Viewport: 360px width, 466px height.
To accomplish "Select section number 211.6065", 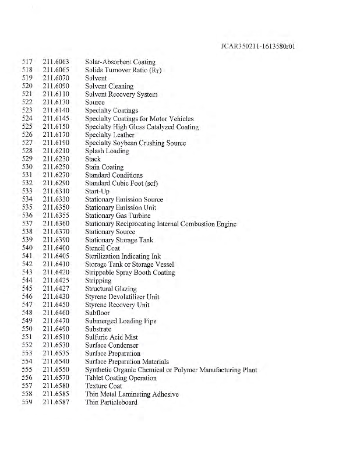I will coord(57,70).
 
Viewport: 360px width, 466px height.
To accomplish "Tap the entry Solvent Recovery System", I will coord(121,94).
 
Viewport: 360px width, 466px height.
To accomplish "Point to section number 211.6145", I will coord(57,119).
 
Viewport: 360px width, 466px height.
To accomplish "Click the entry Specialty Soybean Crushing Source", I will coord(136,143).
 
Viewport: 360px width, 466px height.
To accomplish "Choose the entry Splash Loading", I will coord(107,151).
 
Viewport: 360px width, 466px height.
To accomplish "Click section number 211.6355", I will coord(57,216).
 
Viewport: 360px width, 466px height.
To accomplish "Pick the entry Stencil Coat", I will coord(103,248).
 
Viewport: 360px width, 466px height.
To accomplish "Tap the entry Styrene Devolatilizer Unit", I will coord(122,297).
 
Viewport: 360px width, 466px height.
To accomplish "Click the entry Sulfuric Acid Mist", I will coord(111,337).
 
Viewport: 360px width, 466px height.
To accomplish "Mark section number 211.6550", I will coord(57,370).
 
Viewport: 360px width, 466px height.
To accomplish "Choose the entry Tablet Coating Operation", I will coord(121,378).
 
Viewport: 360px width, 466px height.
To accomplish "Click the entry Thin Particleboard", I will coord(111,403).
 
